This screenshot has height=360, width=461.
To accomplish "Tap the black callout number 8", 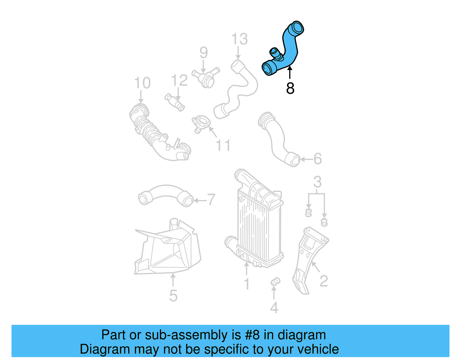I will pyautogui.click(x=290, y=88).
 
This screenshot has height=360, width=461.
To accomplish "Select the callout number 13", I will pyautogui.click(x=239, y=39).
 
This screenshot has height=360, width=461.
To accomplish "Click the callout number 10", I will pyautogui.click(x=142, y=83).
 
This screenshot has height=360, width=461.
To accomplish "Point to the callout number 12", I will pyautogui.click(x=179, y=80).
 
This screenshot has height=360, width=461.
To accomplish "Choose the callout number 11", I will pyautogui.click(x=223, y=146).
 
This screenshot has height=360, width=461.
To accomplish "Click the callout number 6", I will pyautogui.click(x=318, y=159).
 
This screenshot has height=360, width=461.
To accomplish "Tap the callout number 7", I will pyautogui.click(x=211, y=200).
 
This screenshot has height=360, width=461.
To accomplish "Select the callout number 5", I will pyautogui.click(x=173, y=296).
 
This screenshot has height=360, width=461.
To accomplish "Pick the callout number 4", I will pyautogui.click(x=274, y=308).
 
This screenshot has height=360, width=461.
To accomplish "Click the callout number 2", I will pyautogui.click(x=324, y=281).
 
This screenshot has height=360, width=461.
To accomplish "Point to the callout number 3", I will pyautogui.click(x=317, y=182).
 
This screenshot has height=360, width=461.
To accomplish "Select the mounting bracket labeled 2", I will pyautogui.click(x=308, y=257).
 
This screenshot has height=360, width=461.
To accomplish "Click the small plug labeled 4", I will pyautogui.click(x=275, y=282).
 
